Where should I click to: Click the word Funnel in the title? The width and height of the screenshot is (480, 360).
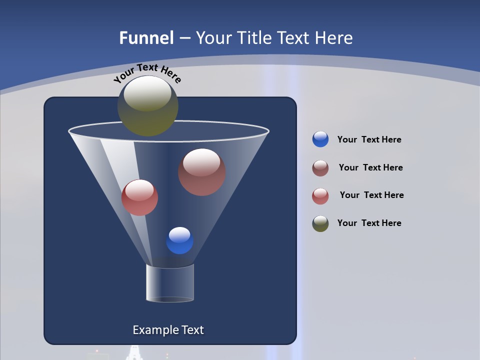tap(146, 38)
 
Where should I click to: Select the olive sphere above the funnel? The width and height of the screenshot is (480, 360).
tap(148, 106)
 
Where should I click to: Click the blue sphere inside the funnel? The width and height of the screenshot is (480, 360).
tap(179, 240)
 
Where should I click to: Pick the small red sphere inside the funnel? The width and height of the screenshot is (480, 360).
tap(139, 197)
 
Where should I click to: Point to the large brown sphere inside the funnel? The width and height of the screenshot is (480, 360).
tap(201, 172)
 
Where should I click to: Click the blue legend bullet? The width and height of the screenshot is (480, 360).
tap(320, 139)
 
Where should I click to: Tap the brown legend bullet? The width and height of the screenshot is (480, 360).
tap(320, 168)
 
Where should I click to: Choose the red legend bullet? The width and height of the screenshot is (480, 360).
tap(320, 196)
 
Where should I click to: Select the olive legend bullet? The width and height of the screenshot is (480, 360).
tap(320, 223)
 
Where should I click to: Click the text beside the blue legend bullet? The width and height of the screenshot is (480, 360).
tap(369, 140)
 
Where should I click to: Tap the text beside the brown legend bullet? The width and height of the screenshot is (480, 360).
tap(370, 168)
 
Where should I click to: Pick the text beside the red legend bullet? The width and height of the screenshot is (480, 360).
tap(371, 195)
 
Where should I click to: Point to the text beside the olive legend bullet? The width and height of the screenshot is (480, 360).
tap(369, 223)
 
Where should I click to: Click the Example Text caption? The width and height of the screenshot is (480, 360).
tap(168, 330)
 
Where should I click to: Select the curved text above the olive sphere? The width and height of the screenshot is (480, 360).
tap(147, 73)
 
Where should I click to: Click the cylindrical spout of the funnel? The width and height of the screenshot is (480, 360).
tap(169, 283)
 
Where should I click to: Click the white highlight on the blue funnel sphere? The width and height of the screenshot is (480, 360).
tap(179, 234)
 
